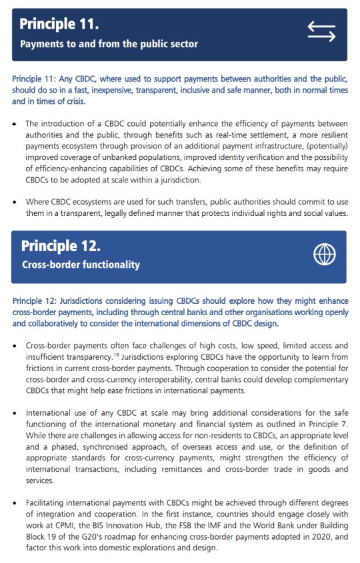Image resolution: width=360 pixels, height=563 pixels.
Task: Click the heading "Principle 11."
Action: (59, 25)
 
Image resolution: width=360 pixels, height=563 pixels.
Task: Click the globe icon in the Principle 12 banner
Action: (324, 254)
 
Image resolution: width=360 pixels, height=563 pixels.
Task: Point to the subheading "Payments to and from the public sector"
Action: (109, 44)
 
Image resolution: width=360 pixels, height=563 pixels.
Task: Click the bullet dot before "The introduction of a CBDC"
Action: (15, 123)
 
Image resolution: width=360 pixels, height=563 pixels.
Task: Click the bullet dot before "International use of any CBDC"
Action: (15, 414)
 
